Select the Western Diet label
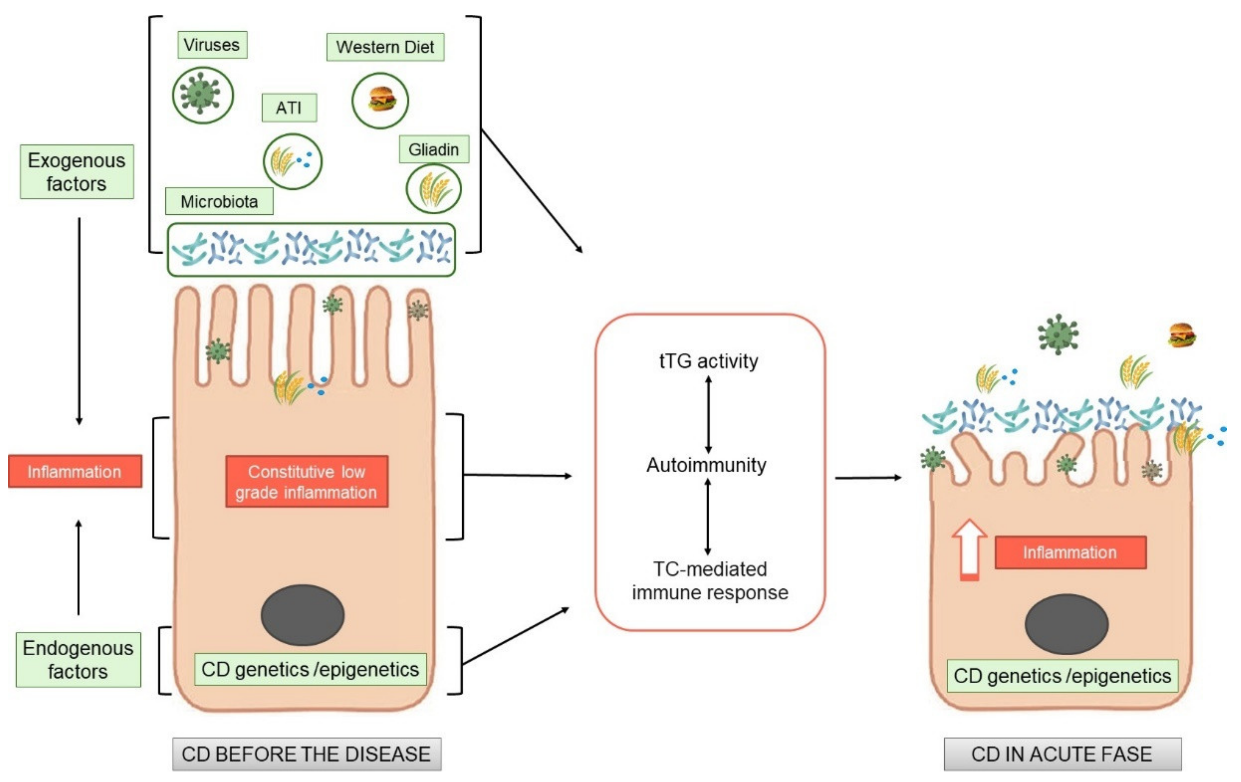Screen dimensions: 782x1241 [385, 47]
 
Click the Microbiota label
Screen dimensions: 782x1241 [219, 201]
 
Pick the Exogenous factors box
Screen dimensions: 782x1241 [77, 172]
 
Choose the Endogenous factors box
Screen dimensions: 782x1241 [78, 660]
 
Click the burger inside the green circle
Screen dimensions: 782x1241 [380, 100]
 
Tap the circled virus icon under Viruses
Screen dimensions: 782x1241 [203, 95]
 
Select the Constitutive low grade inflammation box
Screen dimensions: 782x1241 [306, 482]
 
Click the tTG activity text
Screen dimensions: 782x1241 [709, 361]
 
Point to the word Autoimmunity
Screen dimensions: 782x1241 [707, 465]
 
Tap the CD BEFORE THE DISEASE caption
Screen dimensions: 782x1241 [306, 754]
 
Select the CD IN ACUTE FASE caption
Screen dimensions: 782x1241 [1062, 754]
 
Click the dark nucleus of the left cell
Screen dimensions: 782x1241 [302, 615]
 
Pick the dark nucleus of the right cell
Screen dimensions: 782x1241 [1066, 624]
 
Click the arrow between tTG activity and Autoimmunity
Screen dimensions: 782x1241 [708, 414]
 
